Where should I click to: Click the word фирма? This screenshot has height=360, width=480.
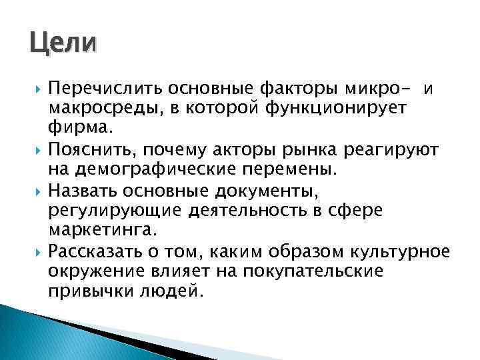75,126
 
